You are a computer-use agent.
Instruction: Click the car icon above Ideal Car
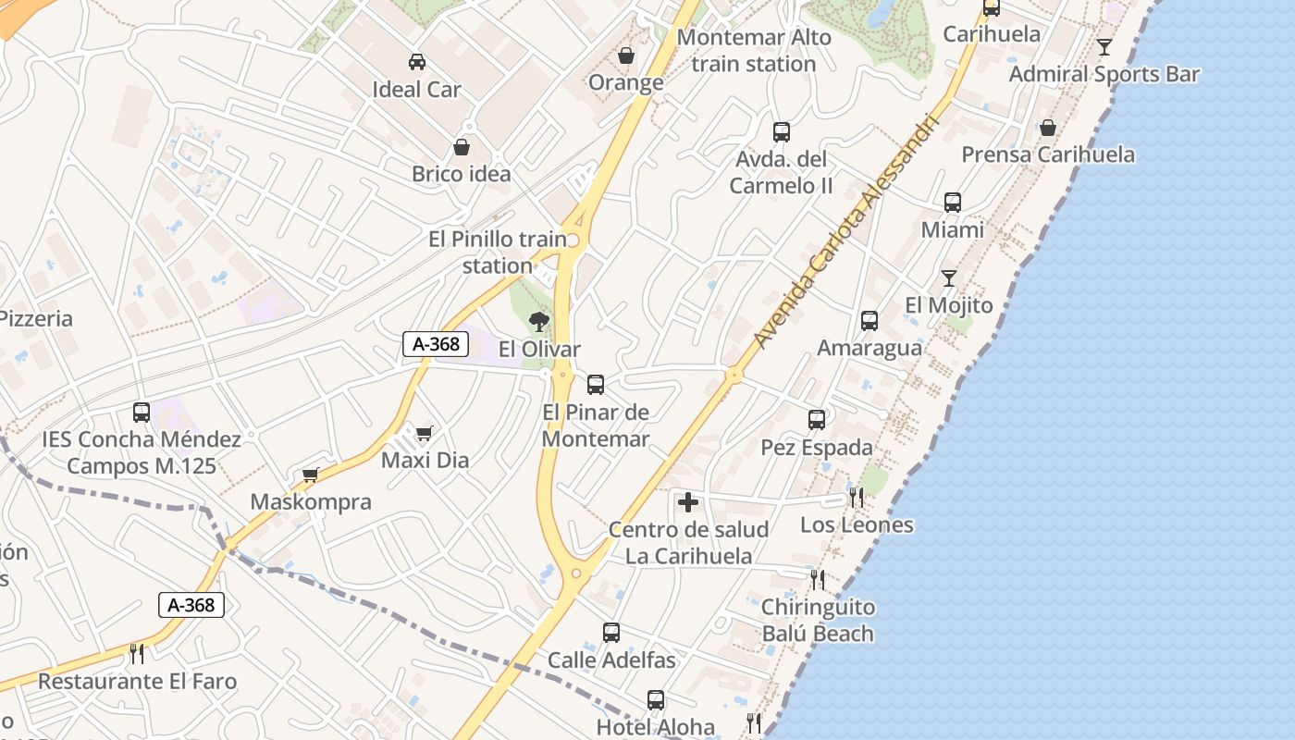click(417, 62)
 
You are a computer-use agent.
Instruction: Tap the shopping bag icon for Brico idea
click(462, 147)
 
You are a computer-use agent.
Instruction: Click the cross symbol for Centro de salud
click(688, 502)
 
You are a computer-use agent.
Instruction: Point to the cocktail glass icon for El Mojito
click(948, 277)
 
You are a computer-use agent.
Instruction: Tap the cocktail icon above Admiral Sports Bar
click(1104, 46)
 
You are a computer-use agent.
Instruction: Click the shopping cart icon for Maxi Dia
click(425, 433)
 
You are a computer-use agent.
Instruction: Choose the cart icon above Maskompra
click(311, 475)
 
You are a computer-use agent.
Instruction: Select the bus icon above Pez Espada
click(817, 420)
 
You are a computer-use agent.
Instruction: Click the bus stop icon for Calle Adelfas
click(611, 633)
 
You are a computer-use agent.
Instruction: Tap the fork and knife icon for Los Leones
click(857, 498)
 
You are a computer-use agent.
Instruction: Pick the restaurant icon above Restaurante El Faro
click(137, 654)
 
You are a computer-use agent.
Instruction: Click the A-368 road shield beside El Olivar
click(436, 344)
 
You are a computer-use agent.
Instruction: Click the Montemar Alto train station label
click(754, 51)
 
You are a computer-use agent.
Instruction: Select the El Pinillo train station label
click(498, 253)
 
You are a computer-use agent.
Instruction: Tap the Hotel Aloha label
click(655, 727)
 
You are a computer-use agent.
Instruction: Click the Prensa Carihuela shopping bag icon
click(1048, 128)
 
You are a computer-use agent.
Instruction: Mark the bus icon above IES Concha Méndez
click(142, 413)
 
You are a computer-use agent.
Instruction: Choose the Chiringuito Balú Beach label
click(818, 621)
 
